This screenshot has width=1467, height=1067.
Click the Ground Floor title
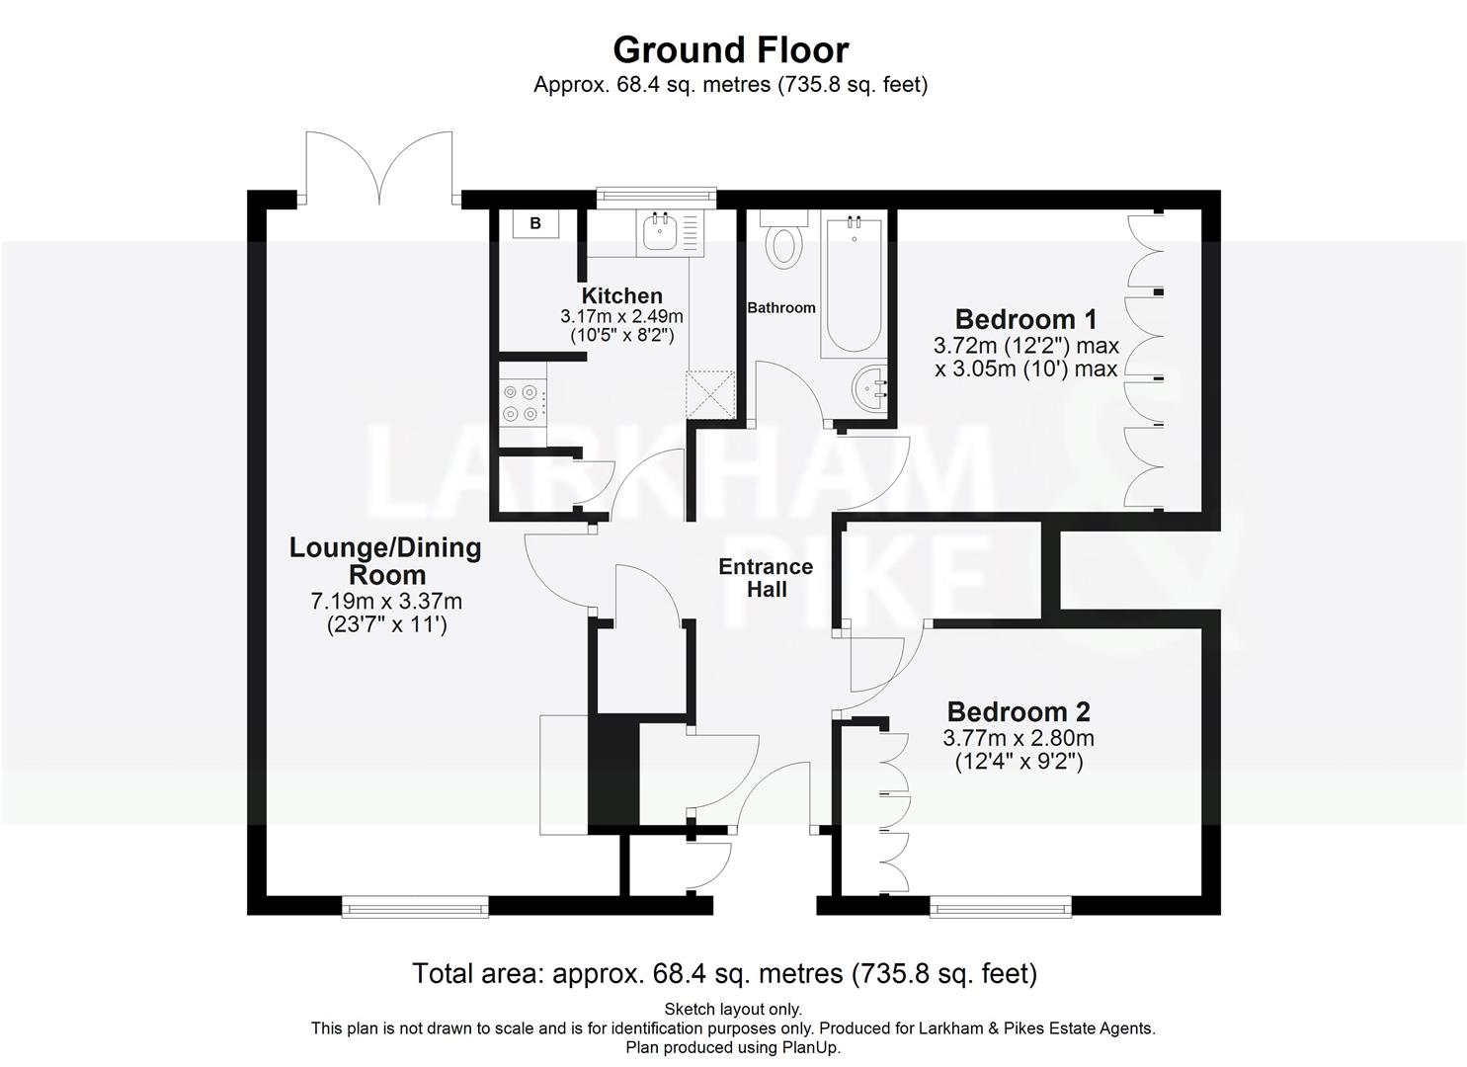coord(730,49)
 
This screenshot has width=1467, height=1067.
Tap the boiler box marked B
coord(535,224)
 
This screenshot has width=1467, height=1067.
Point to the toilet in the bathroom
coord(785,241)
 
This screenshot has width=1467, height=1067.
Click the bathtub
coord(855,287)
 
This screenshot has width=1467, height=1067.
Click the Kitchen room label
coord(621,295)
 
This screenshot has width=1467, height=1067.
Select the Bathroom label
coord(780,308)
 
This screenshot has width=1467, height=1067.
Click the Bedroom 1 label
coord(1025,319)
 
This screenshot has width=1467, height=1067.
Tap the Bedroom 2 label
coord(1018,711)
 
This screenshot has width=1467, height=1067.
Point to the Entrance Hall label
coord(766,578)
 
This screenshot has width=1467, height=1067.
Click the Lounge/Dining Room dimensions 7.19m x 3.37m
coord(386,601)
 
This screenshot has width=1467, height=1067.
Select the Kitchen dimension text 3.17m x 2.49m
coord(621,317)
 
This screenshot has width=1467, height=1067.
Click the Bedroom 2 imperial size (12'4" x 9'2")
coord(1018,762)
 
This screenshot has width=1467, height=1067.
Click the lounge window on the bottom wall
coord(415,906)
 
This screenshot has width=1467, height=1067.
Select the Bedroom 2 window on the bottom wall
coord(1000,906)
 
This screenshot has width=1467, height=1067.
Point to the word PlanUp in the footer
coord(808,1047)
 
